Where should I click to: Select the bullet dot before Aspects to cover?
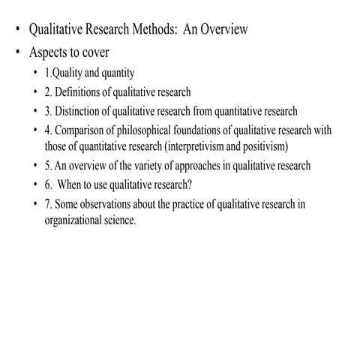pyautogui.click(x=18, y=54)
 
